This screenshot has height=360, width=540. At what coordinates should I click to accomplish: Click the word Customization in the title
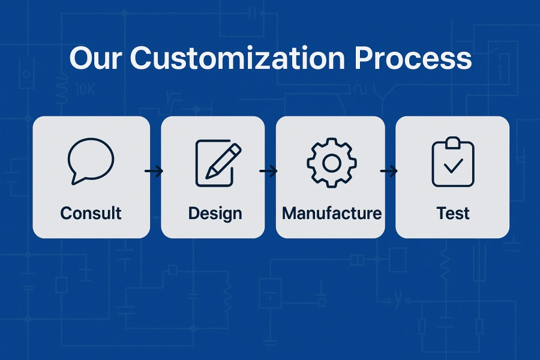point(237,59)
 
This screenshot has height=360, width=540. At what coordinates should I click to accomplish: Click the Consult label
point(91,213)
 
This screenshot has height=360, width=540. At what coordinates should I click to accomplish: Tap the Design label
point(215,213)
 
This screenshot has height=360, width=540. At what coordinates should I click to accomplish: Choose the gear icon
point(331,162)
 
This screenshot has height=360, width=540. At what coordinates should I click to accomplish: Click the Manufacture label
point(331,213)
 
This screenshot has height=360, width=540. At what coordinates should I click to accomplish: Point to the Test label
point(453,213)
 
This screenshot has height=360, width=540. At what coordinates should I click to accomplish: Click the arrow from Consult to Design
point(154,172)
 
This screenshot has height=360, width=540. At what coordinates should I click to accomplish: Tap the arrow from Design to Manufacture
point(269,172)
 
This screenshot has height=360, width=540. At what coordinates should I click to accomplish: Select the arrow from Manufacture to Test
point(389,172)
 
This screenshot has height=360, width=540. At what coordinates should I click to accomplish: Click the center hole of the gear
point(331,162)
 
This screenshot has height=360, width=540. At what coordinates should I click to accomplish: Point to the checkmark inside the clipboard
point(453,166)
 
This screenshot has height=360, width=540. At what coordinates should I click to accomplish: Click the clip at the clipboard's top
point(453,142)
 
